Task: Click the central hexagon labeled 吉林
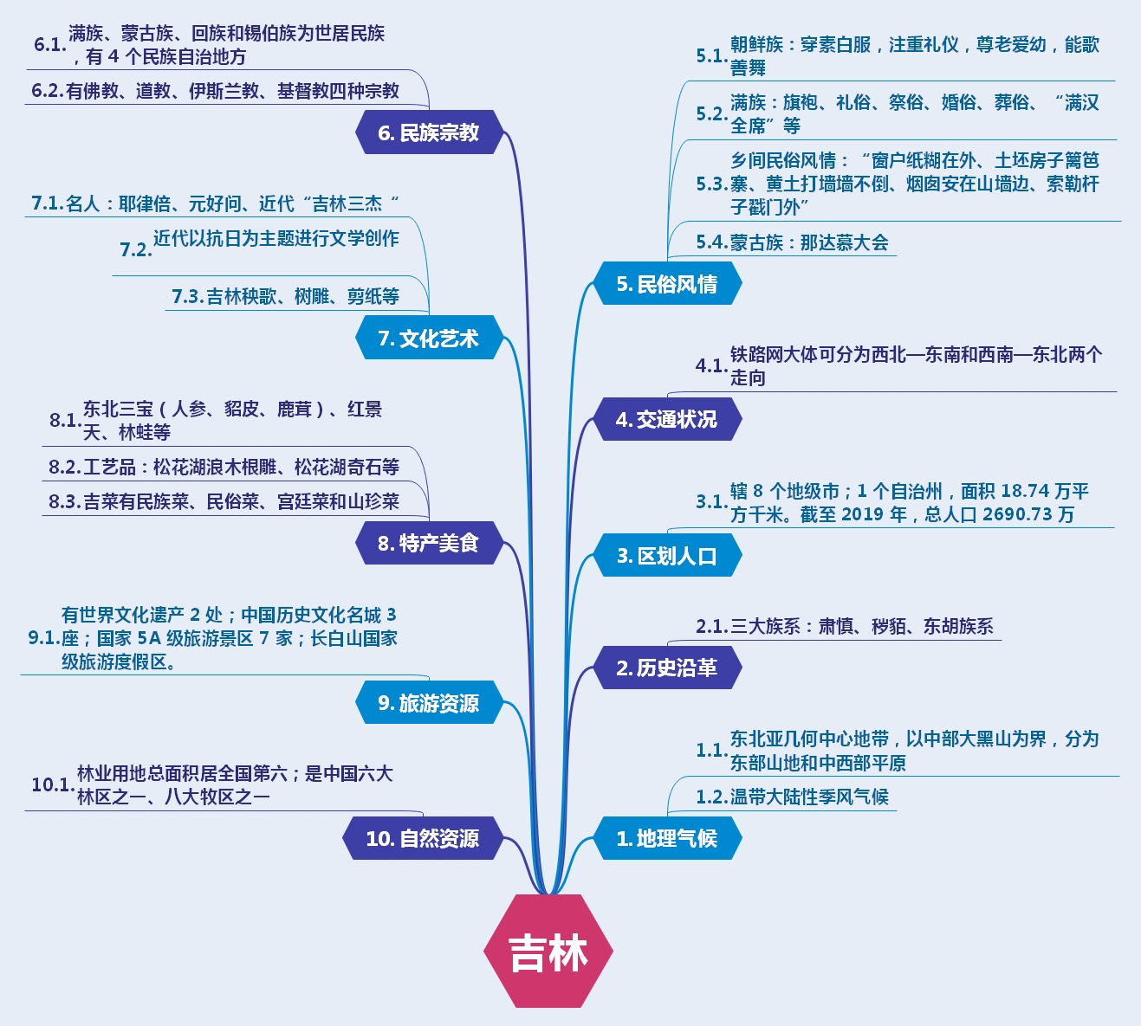(548, 951)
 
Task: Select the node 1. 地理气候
(666, 838)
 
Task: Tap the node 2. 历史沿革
(666, 668)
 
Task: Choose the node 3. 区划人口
(666, 556)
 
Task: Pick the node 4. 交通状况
(666, 420)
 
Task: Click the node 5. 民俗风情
(666, 284)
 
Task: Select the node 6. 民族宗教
(428, 132)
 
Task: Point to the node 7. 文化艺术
(428, 339)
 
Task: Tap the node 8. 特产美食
(428, 543)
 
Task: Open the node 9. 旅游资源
(428, 703)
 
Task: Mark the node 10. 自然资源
(422, 838)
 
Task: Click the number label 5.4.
(711, 242)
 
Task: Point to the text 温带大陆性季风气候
(809, 797)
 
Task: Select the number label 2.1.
(711, 626)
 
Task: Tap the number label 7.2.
(135, 249)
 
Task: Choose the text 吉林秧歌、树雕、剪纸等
(302, 296)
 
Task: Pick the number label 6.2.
(48, 91)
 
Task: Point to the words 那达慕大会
(844, 242)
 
